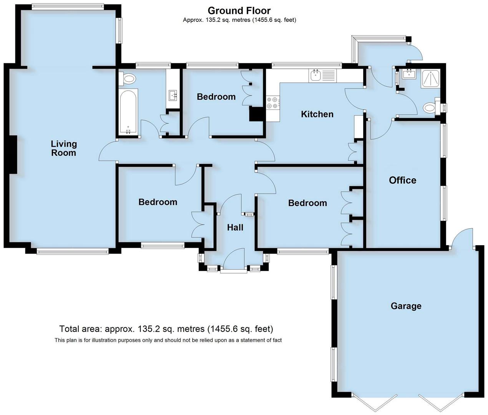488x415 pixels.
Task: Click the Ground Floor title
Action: (x=239, y=11)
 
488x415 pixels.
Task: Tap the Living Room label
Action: (x=64, y=148)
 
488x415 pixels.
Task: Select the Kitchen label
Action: (x=317, y=114)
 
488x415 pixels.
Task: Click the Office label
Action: (x=402, y=180)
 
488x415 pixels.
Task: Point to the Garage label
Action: (x=406, y=306)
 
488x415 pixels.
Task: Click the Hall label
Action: (x=235, y=227)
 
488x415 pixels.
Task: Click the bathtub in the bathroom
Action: (x=128, y=112)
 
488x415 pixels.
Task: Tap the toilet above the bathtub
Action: (x=128, y=79)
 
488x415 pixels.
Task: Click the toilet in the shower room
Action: (x=430, y=108)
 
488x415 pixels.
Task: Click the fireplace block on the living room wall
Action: (x=13, y=155)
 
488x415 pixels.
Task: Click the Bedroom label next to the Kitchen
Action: (x=216, y=97)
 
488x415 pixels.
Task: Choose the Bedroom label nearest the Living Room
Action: (x=158, y=202)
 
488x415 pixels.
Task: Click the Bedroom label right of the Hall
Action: (x=307, y=203)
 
